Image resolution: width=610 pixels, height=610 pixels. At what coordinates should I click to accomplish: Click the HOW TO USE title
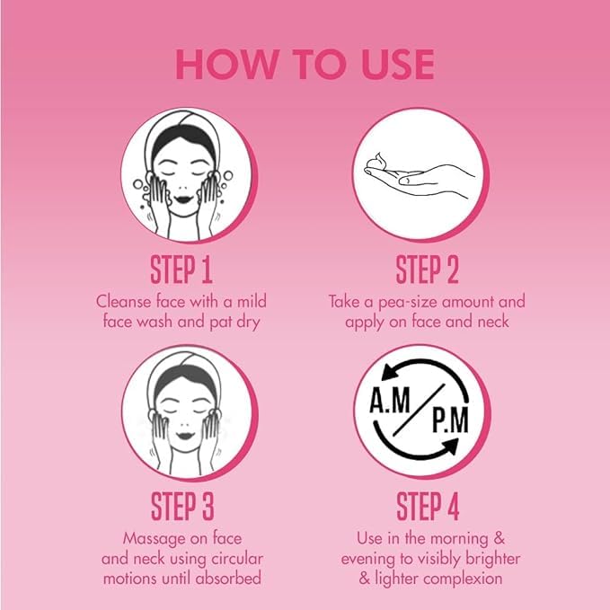pyautogui.click(x=305, y=65)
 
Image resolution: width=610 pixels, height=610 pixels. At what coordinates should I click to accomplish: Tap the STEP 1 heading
pyautogui.click(x=181, y=270)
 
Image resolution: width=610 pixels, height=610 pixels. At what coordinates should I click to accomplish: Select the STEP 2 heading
pyautogui.click(x=427, y=270)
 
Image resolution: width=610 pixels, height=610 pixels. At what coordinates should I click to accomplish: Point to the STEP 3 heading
pyautogui.click(x=182, y=506)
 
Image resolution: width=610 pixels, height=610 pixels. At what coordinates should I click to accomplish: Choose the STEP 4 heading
pyautogui.click(x=428, y=506)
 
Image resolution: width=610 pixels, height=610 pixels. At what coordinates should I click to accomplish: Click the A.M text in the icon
pyautogui.click(x=390, y=401)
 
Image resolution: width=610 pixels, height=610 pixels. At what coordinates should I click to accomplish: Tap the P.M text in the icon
pyautogui.click(x=450, y=420)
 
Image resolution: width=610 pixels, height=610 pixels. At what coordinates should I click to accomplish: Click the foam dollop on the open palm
pyautogui.click(x=377, y=160)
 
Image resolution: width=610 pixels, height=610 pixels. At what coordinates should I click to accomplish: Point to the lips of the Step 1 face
pyautogui.click(x=183, y=199)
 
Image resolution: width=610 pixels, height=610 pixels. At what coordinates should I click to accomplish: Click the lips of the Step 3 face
pyautogui.click(x=185, y=436)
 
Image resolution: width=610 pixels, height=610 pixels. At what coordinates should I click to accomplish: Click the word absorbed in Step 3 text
pyautogui.click(x=228, y=578)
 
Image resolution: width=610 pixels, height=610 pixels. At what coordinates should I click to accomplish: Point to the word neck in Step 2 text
pyautogui.click(x=493, y=322)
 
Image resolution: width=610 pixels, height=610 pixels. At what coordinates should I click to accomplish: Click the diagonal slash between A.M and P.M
pyautogui.click(x=419, y=410)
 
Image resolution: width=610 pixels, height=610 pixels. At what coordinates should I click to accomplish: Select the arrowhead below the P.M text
pyautogui.click(x=450, y=446)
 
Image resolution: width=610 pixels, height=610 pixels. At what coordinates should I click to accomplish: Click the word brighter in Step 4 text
pyautogui.click(x=492, y=559)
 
